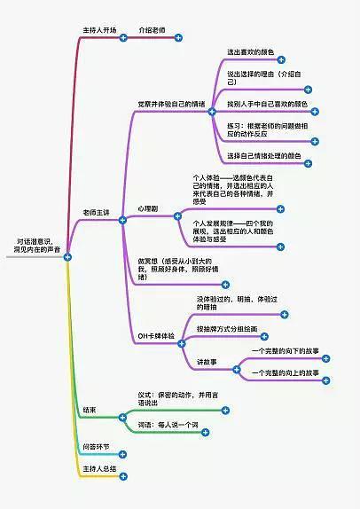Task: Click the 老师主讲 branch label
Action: (x=96, y=214)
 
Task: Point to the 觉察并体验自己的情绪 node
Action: (x=170, y=104)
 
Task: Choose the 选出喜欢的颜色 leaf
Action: (x=250, y=53)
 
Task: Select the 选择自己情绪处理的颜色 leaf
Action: (x=264, y=156)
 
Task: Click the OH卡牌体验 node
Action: (x=157, y=338)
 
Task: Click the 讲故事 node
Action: (x=207, y=362)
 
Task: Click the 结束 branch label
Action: (x=90, y=410)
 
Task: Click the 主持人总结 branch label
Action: (x=99, y=467)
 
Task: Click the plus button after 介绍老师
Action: (x=178, y=37)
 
